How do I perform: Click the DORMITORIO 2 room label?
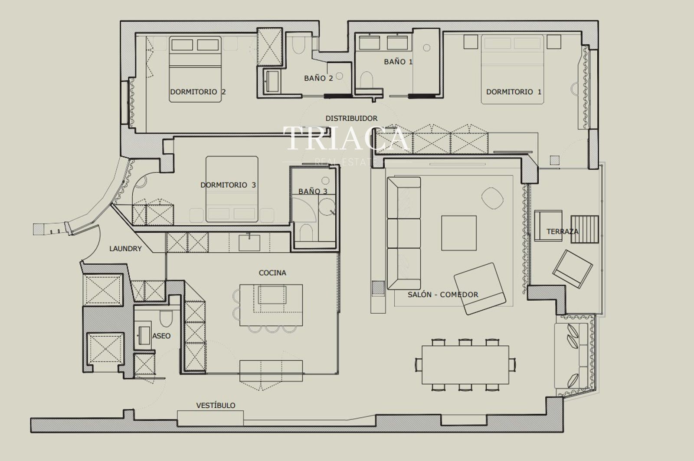[198, 92]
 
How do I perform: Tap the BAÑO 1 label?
[398, 62]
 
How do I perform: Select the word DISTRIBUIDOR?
[351, 118]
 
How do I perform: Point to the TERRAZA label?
[562, 231]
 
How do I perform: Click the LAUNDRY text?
[125, 248]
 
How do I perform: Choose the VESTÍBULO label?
[216, 405]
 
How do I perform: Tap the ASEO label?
[161, 336]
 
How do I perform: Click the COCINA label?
[272, 273]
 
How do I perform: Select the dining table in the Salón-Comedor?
[465, 365]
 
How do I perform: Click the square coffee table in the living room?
[459, 233]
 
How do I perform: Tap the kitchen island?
[271, 305]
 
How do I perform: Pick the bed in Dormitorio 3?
[232, 189]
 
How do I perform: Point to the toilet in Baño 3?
[306, 233]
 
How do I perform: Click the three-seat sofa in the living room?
[404, 233]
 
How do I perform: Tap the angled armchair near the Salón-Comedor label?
[480, 289]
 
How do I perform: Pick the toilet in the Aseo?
[166, 318]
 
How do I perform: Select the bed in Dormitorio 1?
[512, 69]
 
